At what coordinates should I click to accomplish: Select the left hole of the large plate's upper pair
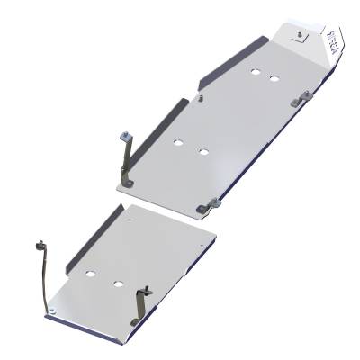(x=256, y=72)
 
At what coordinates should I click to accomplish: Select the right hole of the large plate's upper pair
(x=273, y=80)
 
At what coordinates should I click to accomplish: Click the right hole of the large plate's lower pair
(x=205, y=150)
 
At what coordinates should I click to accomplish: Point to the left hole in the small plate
(x=91, y=271)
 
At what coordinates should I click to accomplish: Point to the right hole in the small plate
(x=118, y=283)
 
